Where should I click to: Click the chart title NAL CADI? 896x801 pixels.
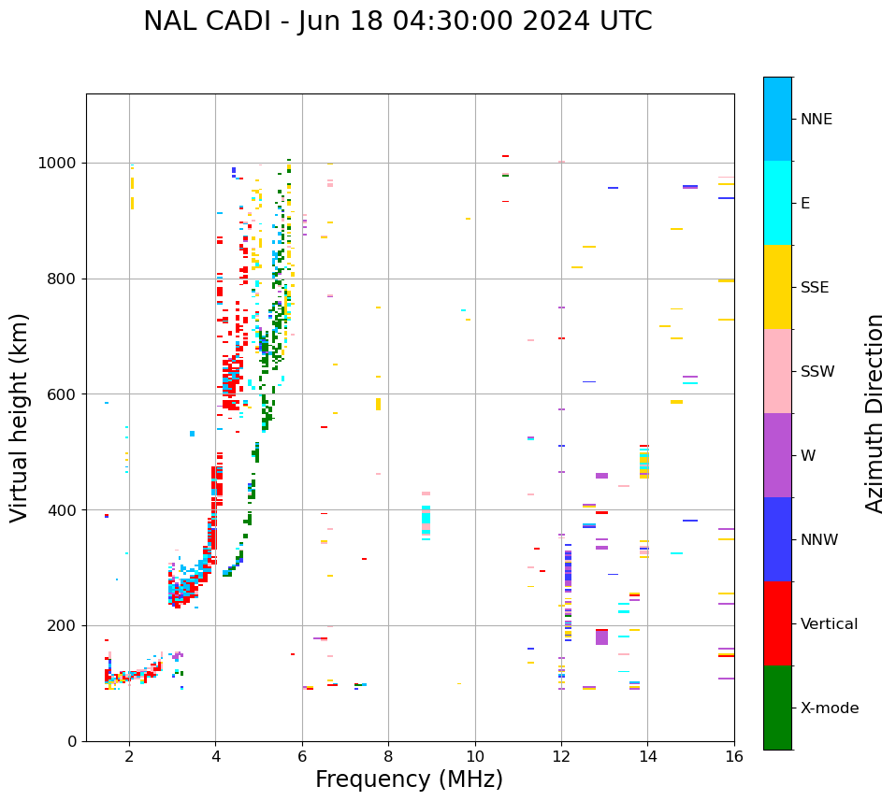tap(397, 21)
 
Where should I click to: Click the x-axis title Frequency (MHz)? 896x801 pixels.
tap(409, 780)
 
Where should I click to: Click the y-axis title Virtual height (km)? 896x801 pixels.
tap(20, 418)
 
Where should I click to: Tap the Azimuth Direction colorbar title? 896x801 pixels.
tap(874, 413)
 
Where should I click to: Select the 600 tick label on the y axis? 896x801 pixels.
tap(65, 394)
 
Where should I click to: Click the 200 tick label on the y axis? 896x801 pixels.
tap(65, 625)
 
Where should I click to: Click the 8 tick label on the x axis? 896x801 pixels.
tap(388, 756)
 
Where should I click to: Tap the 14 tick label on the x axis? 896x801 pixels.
tap(647, 756)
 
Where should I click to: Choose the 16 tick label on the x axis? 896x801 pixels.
tap(733, 756)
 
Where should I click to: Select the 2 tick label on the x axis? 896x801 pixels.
tap(129, 756)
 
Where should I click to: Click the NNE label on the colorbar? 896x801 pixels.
tap(816, 120)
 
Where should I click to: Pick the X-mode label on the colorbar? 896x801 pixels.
tap(830, 708)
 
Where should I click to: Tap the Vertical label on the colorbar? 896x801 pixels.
tap(829, 624)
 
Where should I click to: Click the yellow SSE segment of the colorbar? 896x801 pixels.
tap(777, 287)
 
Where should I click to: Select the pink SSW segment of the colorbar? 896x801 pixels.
tap(777, 371)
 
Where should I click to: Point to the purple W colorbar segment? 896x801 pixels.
tap(777, 455)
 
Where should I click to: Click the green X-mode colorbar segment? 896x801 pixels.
tap(777, 708)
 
